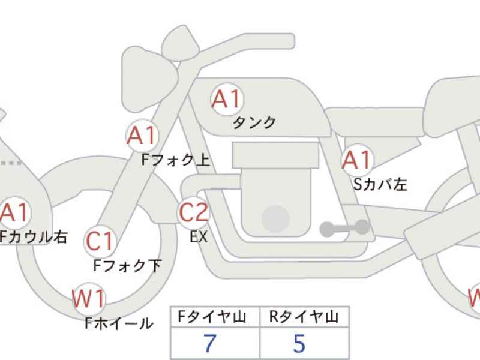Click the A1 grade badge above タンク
227,100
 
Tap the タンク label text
254,122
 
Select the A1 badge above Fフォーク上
142,137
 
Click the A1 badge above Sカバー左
357,161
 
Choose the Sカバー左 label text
380,184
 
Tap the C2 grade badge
194,212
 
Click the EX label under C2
199,236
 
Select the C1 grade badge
100,241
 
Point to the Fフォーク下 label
128,265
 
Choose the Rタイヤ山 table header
305,317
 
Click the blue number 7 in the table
209,344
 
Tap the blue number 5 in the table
299,344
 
